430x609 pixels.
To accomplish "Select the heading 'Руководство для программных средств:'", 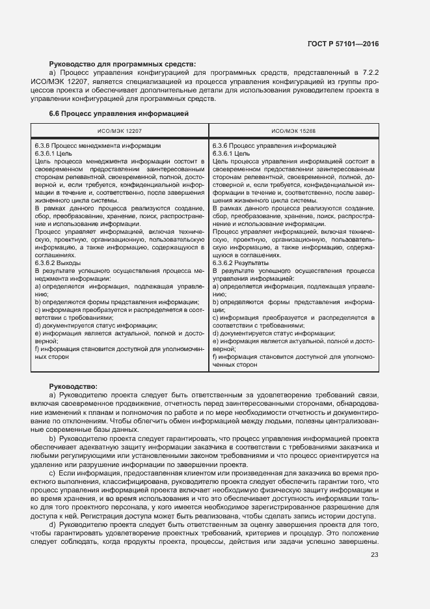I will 122,64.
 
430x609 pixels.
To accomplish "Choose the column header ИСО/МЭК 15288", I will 294,131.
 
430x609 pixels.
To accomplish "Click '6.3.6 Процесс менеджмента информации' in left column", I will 98,145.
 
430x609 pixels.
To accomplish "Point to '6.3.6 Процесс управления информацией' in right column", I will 274,145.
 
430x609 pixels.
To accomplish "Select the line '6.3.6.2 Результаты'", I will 241,262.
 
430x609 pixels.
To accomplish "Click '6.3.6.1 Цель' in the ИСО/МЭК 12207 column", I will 54,153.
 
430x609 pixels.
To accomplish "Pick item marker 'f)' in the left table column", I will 37,349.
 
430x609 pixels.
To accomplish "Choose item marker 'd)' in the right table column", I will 215,333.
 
